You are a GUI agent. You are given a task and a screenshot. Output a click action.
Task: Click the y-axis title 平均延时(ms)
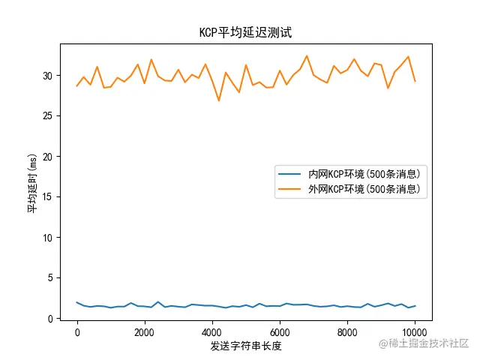point(32,181)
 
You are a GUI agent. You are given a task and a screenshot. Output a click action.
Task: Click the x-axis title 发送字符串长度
point(246,346)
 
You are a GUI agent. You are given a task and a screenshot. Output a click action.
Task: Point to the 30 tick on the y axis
point(50,76)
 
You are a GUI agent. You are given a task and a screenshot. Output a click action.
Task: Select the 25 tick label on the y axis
point(50,116)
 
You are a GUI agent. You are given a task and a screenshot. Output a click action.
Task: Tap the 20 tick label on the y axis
point(50,157)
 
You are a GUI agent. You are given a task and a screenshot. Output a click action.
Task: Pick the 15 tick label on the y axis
point(50,197)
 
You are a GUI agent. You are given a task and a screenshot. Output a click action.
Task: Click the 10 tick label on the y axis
point(50,238)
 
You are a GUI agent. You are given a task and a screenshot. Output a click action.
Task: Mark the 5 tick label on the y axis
point(52,278)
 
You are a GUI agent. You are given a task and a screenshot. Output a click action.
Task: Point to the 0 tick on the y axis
point(52,319)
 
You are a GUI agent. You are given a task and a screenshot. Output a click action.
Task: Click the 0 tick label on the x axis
point(77,331)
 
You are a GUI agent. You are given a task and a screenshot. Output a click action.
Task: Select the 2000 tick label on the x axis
point(145,331)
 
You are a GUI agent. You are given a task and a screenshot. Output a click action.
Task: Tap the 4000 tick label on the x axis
point(212,331)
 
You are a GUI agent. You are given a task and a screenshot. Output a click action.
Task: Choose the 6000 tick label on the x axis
point(280,331)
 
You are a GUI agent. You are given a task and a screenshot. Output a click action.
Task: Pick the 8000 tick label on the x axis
point(347,331)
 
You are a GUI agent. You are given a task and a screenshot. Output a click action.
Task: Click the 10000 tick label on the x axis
point(415,331)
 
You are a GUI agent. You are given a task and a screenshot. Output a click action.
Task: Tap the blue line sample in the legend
point(290,174)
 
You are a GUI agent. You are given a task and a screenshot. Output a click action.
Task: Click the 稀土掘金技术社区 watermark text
point(428,343)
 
